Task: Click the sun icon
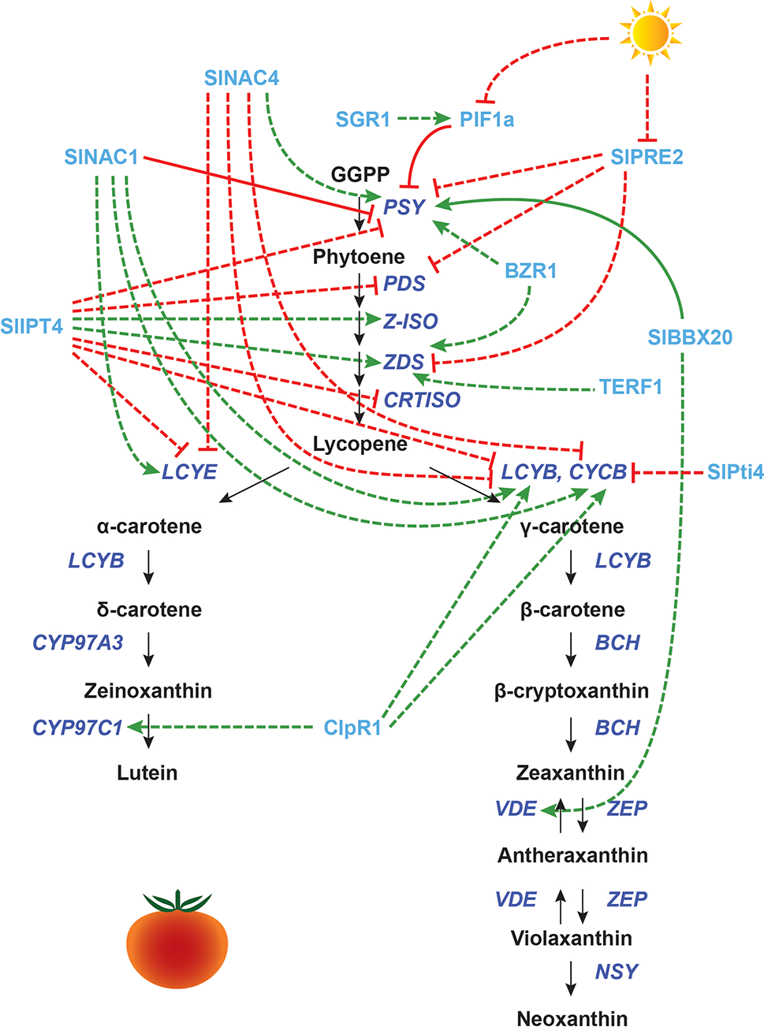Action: (650, 34)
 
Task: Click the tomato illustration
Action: (177, 942)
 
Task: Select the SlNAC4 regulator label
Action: (241, 78)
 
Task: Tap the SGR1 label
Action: (363, 119)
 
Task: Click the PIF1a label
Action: (486, 119)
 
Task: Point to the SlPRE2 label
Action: (647, 157)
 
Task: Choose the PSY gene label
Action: (404, 207)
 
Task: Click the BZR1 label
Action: (531, 271)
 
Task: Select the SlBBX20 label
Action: (690, 337)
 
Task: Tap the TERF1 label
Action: (630, 387)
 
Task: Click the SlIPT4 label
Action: (32, 326)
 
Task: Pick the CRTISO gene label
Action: (422, 400)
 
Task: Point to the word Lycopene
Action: (360, 444)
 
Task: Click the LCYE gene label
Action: (189, 471)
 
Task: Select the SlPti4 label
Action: (735, 471)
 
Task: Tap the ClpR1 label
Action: (352, 727)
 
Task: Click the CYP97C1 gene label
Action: (77, 727)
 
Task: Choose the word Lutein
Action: (147, 772)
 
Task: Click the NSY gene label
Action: (617, 971)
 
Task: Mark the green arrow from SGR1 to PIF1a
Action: (423, 119)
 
